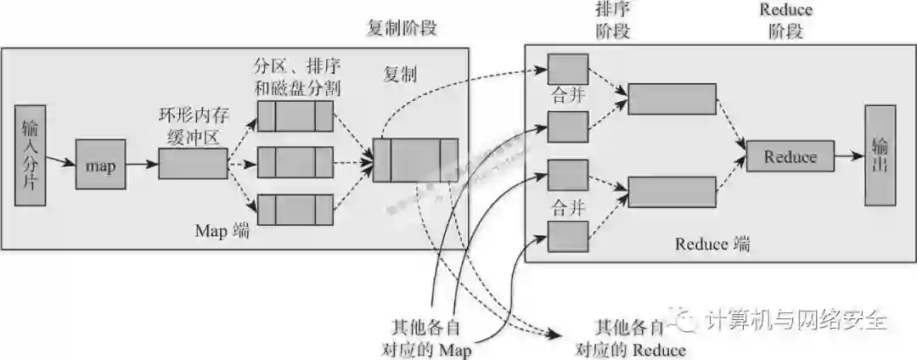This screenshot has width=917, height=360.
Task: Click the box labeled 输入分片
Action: tap(31, 155)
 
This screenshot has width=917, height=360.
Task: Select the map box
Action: tap(100, 166)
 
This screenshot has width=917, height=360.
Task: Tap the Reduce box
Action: tap(790, 156)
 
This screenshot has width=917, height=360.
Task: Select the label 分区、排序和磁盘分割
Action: tap(296, 76)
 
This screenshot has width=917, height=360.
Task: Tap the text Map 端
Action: tap(222, 231)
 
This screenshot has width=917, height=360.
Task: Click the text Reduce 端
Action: tap(712, 244)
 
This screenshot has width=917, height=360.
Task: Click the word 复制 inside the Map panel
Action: tap(399, 74)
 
